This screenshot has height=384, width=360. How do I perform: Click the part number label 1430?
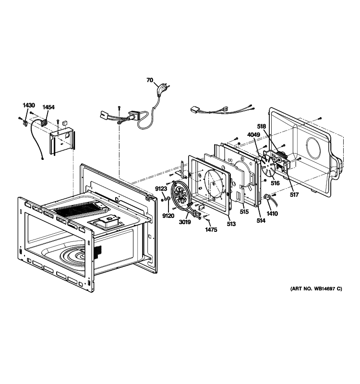[29, 105]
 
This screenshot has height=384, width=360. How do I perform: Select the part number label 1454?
[48, 108]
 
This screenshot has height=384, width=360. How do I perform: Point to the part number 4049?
[254, 135]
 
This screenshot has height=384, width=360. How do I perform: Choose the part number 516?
[275, 183]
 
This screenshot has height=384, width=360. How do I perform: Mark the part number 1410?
[273, 214]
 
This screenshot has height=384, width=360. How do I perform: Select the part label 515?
[244, 212]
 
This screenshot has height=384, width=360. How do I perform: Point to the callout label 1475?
[211, 230]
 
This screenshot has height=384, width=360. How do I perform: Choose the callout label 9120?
[168, 216]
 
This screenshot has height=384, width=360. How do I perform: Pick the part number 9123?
[161, 189]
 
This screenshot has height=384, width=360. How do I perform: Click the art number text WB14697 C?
[316, 289]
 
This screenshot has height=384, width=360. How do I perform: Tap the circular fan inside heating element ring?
[182, 196]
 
